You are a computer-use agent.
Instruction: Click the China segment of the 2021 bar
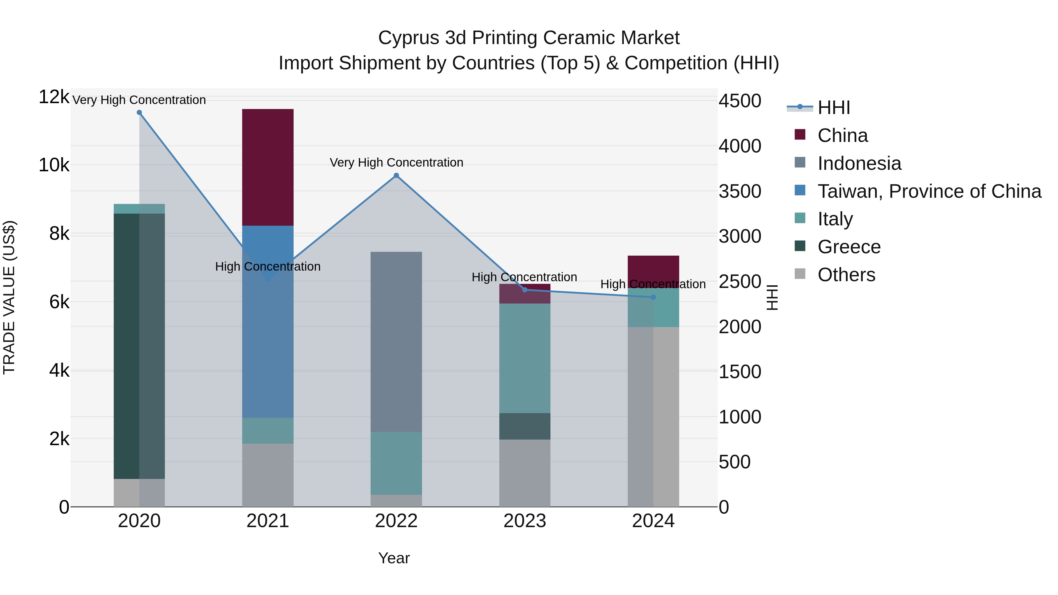[x=268, y=167]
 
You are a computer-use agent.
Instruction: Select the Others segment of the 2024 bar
[x=653, y=416]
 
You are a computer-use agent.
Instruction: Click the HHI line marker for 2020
[x=139, y=113]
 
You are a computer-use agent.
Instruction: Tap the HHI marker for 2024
[x=653, y=297]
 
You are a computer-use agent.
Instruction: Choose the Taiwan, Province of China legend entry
[x=929, y=191]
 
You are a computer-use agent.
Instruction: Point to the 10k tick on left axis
[x=54, y=165]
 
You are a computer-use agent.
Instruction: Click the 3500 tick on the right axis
[x=740, y=191]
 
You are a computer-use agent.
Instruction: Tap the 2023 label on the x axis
[x=525, y=521]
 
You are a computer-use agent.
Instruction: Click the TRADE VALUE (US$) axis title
[x=9, y=297]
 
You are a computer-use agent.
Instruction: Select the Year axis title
[x=394, y=558]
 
